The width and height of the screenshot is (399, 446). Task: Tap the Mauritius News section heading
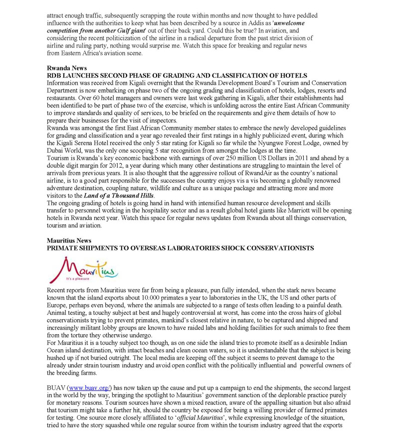click(69, 240)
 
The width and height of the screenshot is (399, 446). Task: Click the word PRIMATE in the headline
click(63, 247)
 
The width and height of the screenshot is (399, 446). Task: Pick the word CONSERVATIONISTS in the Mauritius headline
click(274, 247)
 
